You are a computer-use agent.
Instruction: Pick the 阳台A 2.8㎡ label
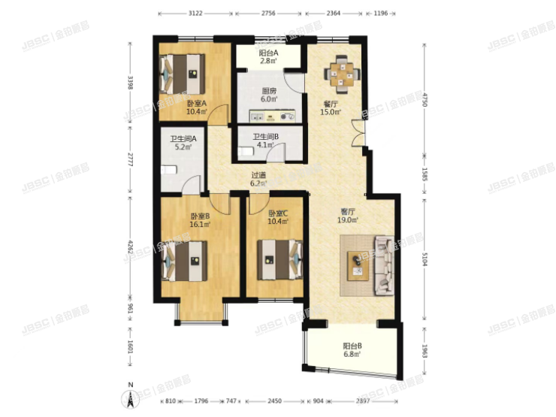point(268,57)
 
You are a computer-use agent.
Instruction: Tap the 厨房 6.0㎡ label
point(268,94)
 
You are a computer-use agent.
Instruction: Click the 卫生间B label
point(266,140)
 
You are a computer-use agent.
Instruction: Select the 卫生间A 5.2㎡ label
point(183,143)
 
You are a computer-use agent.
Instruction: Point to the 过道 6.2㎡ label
point(258,179)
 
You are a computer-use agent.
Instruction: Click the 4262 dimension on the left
point(131,247)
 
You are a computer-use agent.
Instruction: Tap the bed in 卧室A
point(183,73)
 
